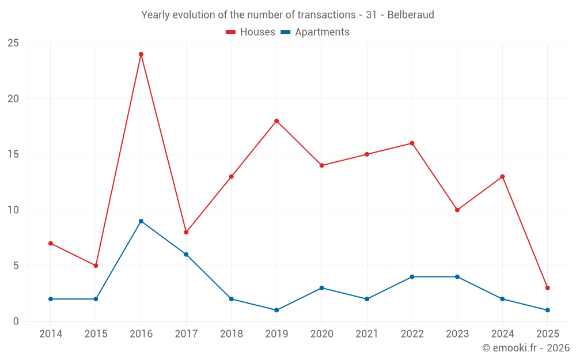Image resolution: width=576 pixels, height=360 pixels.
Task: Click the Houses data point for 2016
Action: (141, 54)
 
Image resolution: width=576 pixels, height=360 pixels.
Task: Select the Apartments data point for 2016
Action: (141, 221)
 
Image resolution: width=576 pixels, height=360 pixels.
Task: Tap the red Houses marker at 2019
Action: (276, 121)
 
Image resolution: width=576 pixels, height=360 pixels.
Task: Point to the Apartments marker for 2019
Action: (276, 310)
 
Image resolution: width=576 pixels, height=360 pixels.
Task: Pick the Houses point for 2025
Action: (548, 288)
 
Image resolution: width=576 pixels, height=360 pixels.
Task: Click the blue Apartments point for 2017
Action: (186, 255)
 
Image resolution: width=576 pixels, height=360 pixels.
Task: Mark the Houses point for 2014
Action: (51, 243)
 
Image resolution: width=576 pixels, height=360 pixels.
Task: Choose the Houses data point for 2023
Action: (457, 210)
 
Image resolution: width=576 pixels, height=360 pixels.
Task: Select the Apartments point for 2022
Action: (412, 276)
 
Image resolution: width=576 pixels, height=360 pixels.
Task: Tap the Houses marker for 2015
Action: (96, 266)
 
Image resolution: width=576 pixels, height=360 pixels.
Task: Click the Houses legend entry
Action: (251, 32)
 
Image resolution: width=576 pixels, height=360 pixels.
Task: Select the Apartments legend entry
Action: (315, 32)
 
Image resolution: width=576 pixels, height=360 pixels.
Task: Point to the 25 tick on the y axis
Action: (13, 43)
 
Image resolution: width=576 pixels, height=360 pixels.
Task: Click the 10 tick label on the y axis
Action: (13, 210)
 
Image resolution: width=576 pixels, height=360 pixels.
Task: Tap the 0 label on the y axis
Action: (16, 321)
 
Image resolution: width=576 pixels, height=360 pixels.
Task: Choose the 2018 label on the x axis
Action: (231, 334)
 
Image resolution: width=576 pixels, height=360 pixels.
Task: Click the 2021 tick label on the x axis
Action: (367, 334)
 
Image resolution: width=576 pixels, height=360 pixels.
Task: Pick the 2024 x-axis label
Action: (502, 334)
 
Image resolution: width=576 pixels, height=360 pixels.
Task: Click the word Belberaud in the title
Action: (411, 14)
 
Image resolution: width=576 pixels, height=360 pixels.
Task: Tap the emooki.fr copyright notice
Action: (525, 348)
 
